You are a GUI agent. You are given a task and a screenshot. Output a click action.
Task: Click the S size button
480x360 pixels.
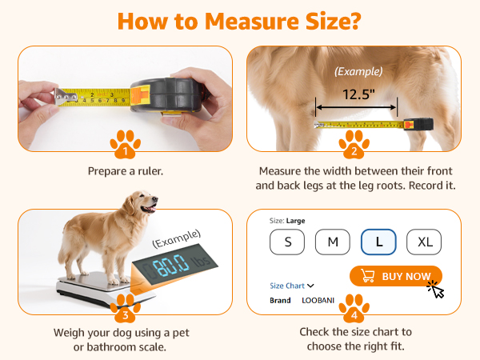coord(287,242)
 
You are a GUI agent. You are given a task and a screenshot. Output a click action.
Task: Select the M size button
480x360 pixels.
coord(333,242)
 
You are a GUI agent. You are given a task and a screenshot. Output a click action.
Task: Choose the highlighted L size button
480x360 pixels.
coord(378,242)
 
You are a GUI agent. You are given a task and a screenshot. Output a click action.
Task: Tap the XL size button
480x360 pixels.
coord(424,242)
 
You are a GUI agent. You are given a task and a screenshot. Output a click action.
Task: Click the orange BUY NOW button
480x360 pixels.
coord(396,276)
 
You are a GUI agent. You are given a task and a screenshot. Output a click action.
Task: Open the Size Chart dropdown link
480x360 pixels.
coord(292,286)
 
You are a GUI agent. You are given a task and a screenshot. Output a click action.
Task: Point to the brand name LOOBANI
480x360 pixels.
coord(318,300)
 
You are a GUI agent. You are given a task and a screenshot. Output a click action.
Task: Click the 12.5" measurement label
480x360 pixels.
coord(358,94)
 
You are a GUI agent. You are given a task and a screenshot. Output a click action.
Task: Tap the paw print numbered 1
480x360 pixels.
coord(126,145)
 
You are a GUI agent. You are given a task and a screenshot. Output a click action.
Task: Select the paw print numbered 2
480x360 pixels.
coord(354,145)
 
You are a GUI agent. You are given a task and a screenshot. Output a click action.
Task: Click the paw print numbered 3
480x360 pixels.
coord(126,309)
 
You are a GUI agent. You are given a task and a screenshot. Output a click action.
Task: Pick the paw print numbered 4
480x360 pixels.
coord(354,309)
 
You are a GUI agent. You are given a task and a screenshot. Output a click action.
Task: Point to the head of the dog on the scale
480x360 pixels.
coord(143,202)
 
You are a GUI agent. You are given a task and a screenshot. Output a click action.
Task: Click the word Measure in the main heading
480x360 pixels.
coord(252,22)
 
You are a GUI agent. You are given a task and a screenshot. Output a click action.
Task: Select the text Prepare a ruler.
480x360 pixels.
coord(126,171)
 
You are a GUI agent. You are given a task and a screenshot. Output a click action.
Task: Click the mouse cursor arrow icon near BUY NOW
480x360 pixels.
coord(437,290)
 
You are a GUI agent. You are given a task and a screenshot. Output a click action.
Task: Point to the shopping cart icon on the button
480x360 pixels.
coord(367,275)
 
